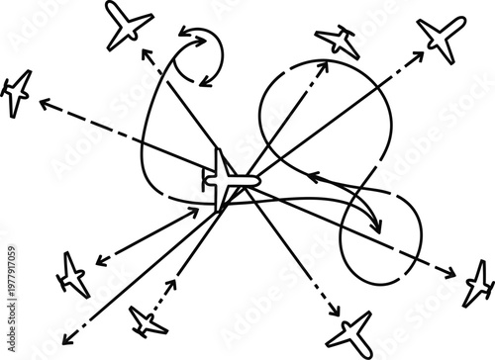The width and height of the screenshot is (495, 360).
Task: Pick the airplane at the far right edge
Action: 479,282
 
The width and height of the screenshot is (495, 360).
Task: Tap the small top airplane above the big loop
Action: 338,41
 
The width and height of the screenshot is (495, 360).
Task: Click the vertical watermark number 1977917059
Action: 8,297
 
